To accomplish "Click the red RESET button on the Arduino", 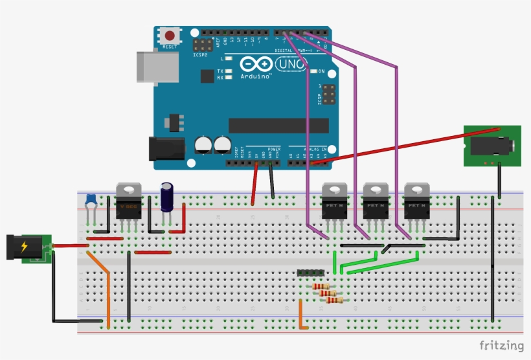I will [170, 36].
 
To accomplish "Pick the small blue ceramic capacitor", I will [91, 199].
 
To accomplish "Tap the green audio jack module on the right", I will [491, 146].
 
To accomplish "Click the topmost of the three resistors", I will [321, 286].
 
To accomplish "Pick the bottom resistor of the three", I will [334, 300].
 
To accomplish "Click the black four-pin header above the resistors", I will [310, 274].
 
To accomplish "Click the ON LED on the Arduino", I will [313, 71].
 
